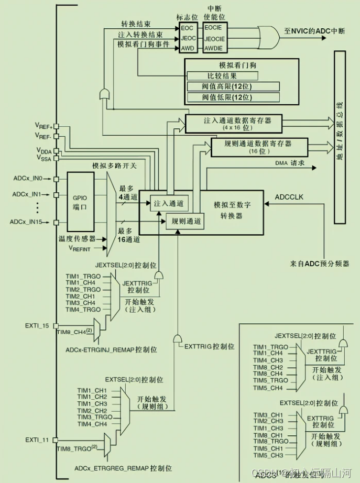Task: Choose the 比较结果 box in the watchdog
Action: point(226,76)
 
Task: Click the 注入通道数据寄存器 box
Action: point(233,123)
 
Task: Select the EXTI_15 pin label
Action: point(37,326)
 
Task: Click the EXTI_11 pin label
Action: point(37,439)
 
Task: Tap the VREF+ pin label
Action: point(43,126)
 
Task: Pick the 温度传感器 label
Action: point(77,239)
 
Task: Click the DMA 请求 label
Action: point(290,163)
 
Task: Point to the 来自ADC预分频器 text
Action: point(320,263)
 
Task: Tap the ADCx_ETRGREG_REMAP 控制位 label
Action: point(123,468)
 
